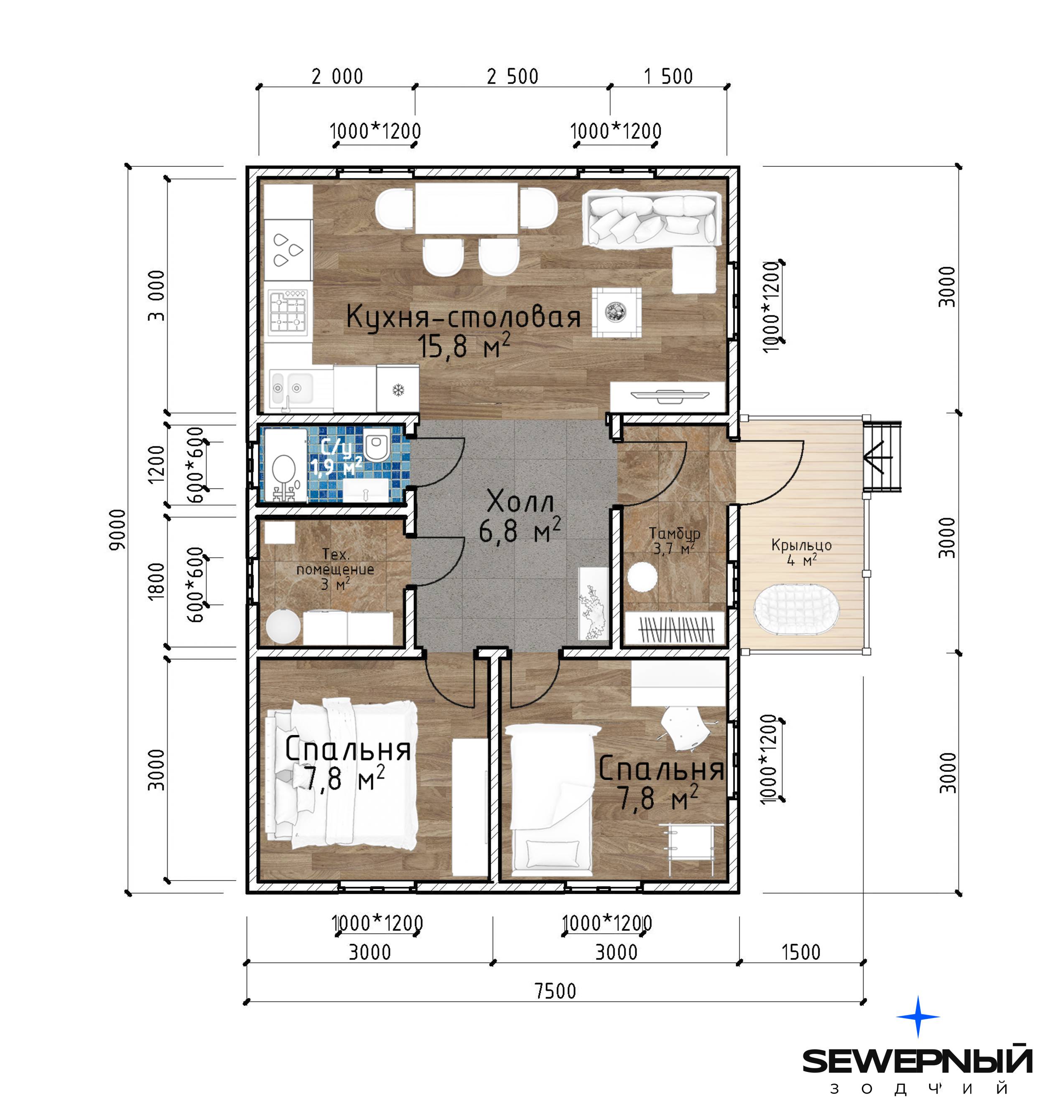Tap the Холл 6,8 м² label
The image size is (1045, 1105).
coord(520,516)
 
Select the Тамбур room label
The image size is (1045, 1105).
coord(675,533)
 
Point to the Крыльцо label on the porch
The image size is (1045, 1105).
coord(801,545)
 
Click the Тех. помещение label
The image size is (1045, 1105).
coord(335,561)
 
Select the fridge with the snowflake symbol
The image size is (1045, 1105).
coord(398,388)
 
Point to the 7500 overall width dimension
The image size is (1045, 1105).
coord(556,990)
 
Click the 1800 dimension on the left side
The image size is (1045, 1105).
coord(156,581)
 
